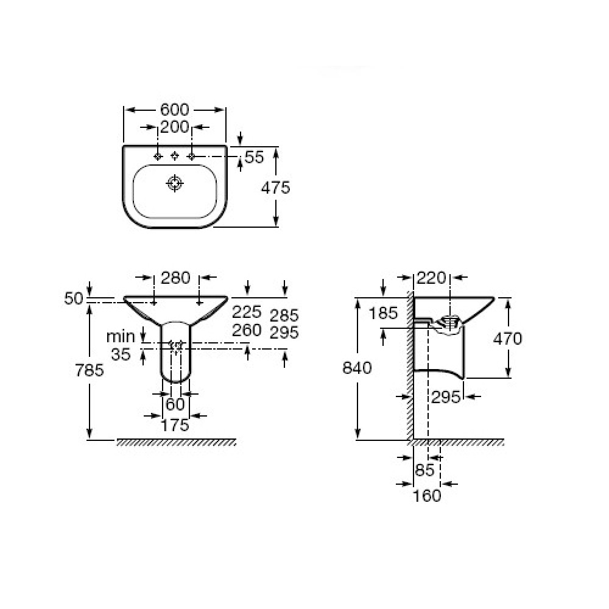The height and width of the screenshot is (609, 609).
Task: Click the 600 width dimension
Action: coord(175,110)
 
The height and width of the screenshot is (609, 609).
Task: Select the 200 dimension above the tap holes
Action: coord(175,127)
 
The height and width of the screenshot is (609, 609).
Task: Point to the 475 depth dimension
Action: coord(275,188)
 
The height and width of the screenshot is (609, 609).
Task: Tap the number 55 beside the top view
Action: coord(255,157)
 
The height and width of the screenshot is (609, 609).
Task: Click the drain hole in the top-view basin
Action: coord(174,183)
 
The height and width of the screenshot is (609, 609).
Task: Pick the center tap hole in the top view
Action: coord(175,156)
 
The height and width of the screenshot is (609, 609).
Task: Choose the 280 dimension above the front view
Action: coord(175,278)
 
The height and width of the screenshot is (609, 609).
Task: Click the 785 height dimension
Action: coord(90,370)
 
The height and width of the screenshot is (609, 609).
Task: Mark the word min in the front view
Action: coord(121,337)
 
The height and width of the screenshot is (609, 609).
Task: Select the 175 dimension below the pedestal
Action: coord(175,425)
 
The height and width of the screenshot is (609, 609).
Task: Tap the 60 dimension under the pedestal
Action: coord(175,405)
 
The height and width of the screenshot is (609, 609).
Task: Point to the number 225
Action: coord(247,312)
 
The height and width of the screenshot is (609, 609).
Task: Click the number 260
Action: coord(247,330)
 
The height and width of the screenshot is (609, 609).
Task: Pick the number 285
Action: coord(284,315)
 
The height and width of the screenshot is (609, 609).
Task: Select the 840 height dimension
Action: coord(357,367)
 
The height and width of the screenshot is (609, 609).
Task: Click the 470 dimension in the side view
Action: coord(508,339)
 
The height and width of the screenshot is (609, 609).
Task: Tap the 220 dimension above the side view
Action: coord(432,278)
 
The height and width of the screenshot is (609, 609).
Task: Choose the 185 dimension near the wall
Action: coord(383,313)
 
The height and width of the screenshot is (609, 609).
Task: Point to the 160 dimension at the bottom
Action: coord(427,496)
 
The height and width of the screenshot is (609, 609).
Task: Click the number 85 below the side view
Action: coord(424,470)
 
